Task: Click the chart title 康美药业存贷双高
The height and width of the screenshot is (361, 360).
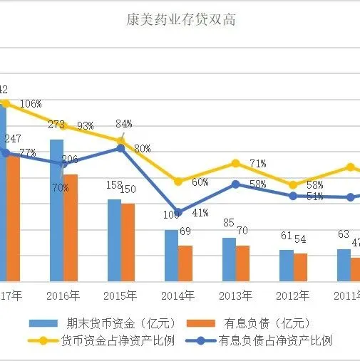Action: coord(180,19)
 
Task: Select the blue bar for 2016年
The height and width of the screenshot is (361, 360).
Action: coord(56,210)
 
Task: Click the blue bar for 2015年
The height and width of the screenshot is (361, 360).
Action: coord(114,240)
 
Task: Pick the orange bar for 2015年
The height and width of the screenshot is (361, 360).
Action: coord(128,242)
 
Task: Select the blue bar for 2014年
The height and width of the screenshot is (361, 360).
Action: coord(171,256)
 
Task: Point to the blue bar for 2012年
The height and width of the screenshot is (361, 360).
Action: coord(286,266)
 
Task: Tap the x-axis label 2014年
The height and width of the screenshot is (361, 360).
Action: coord(178,295)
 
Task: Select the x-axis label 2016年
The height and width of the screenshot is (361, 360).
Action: coord(63,295)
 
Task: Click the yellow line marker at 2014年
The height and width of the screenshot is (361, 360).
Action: coord(178,182)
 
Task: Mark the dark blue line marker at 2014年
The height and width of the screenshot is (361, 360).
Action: coord(178,212)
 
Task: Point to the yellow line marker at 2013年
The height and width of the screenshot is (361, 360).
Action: coord(236,163)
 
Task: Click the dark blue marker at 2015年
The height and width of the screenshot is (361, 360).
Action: coord(121,148)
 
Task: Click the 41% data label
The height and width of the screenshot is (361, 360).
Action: coord(200,212)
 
